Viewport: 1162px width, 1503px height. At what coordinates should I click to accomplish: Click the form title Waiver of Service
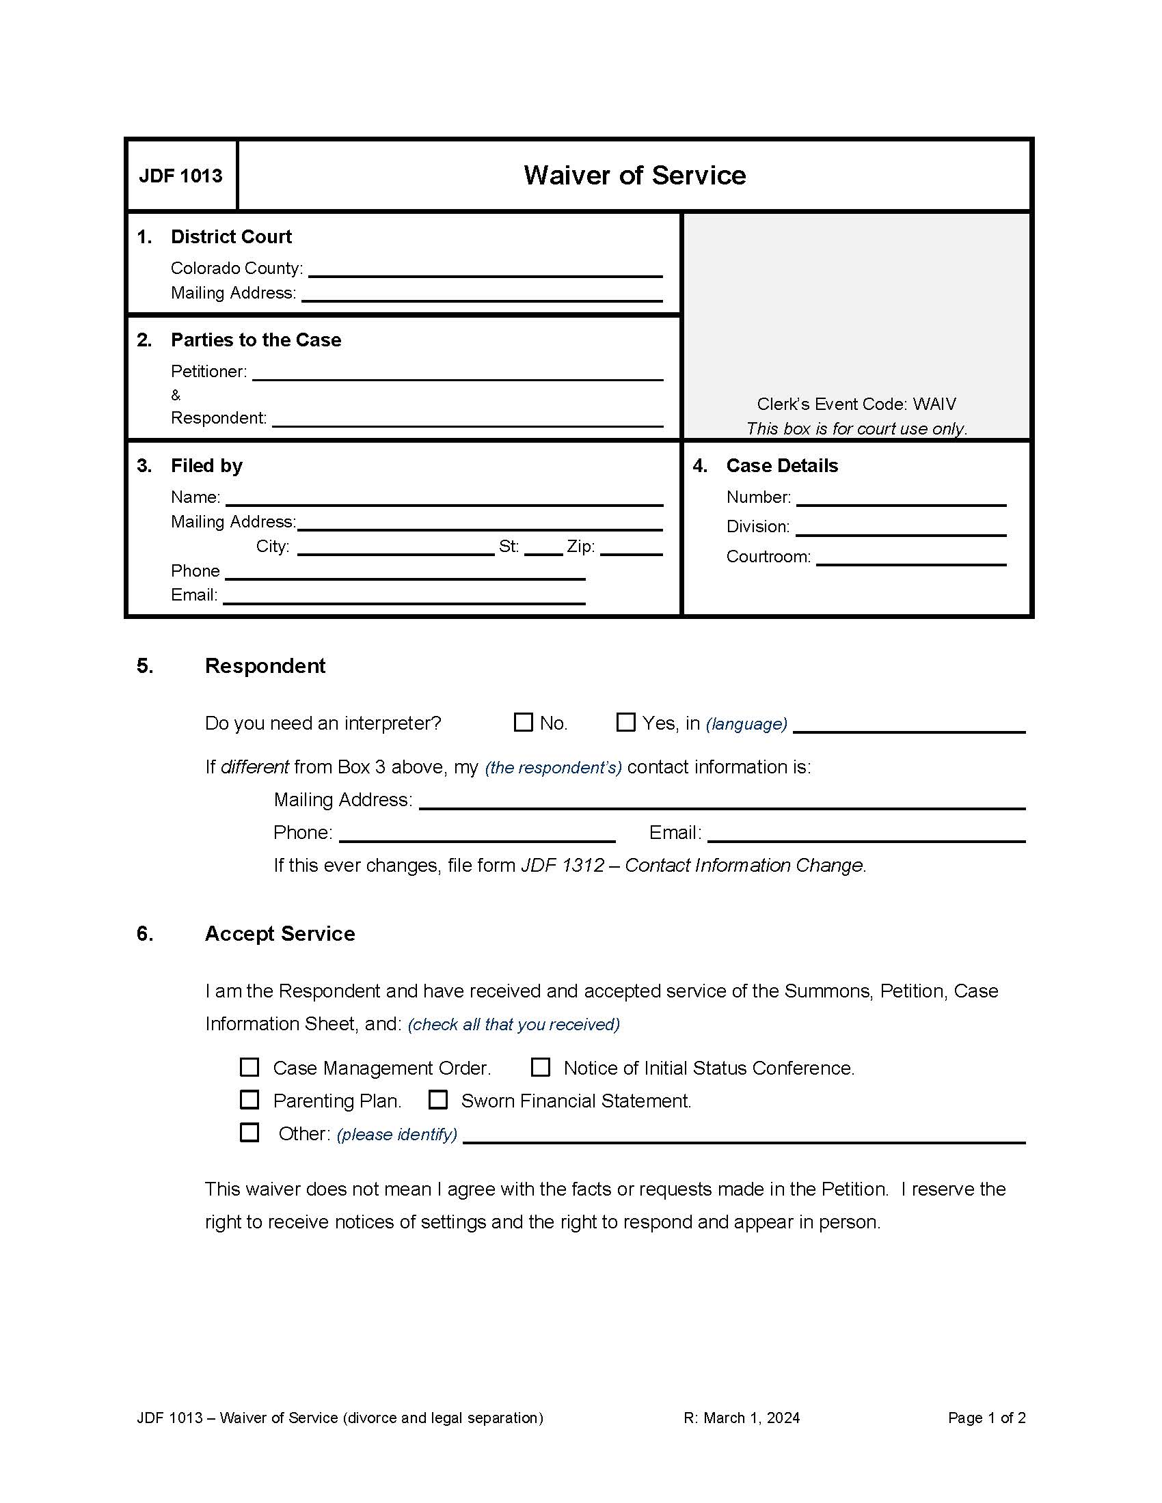tap(634, 176)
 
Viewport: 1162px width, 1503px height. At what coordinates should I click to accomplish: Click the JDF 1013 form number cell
tap(181, 176)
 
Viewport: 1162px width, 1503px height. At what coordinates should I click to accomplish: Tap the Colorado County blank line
tap(485, 270)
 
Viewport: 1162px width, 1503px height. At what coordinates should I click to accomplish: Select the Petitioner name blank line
tap(457, 373)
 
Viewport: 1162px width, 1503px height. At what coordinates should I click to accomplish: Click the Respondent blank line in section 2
tap(468, 419)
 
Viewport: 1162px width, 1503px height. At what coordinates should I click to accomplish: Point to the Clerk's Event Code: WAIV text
tap(856, 404)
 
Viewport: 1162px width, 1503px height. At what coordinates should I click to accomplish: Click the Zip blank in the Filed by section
tap(631, 548)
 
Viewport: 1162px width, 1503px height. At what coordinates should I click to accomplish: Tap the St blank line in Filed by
tap(543, 548)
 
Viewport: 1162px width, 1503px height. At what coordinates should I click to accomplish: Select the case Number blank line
tap(900, 499)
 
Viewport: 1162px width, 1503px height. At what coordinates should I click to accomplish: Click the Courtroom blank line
tap(910, 558)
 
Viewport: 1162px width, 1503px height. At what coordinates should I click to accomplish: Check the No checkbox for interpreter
tap(523, 722)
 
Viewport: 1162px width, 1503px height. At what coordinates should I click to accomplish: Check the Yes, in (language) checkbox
tap(625, 722)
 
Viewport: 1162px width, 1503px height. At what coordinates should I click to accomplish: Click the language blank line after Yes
tap(908, 726)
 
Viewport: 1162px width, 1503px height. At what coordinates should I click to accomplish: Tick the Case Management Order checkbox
tap(249, 1066)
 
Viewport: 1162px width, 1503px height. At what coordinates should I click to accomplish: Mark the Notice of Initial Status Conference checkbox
tap(541, 1066)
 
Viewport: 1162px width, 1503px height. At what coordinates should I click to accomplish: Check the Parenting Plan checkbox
tap(249, 1100)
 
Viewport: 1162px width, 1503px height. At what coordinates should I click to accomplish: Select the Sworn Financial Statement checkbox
tap(438, 1100)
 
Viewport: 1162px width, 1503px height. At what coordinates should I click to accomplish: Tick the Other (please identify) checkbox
tap(249, 1133)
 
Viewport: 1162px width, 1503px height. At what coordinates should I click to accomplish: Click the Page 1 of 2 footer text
tap(986, 1418)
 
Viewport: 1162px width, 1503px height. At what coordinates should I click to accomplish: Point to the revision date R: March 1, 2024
tap(742, 1418)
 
